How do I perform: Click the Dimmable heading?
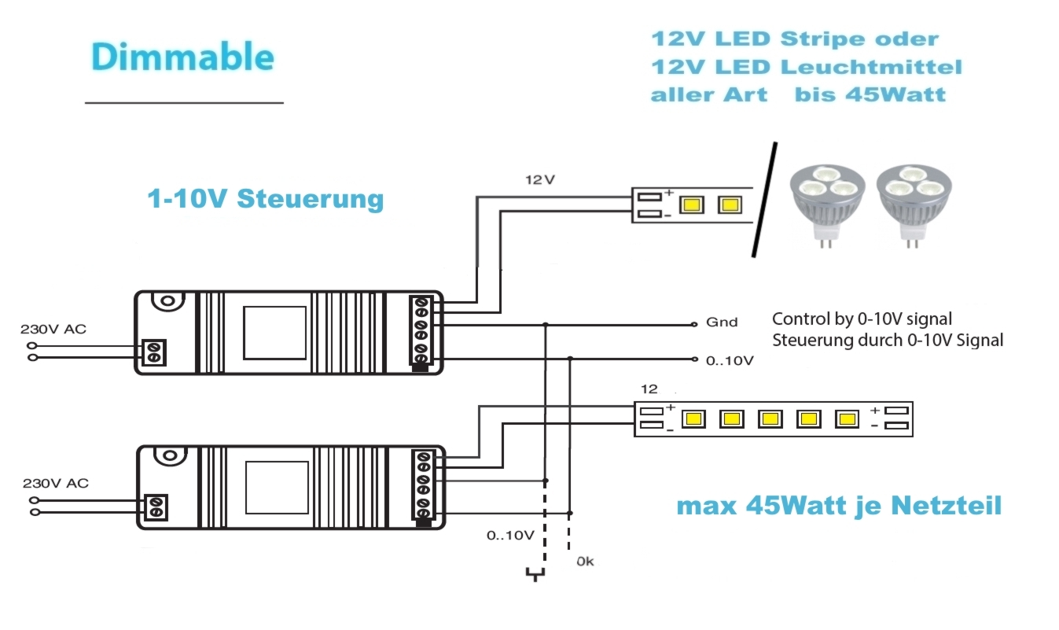182,57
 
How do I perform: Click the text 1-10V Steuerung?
266,199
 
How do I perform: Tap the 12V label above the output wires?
539,180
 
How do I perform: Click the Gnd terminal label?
722,322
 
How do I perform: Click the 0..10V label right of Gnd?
730,360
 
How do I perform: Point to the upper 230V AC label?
53,329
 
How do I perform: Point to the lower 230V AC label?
56,483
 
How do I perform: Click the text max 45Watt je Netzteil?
839,506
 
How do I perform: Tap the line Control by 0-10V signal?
862,319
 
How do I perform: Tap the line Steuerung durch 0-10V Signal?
888,341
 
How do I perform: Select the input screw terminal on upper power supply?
155,351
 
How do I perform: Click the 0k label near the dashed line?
586,562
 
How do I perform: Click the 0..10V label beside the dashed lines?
510,536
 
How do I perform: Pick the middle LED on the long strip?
770,419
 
